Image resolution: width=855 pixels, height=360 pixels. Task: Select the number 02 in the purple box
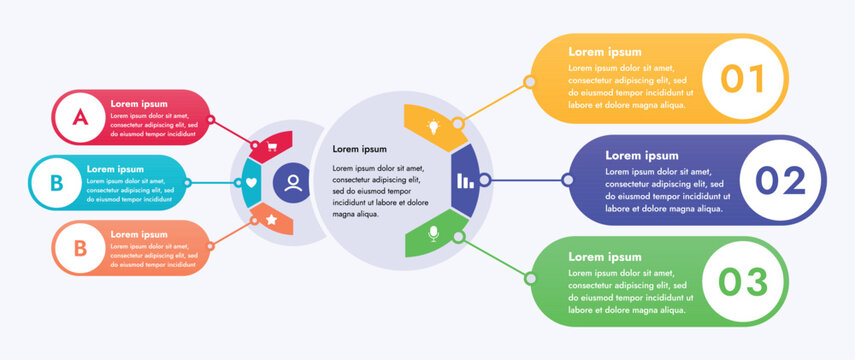coord(779,181)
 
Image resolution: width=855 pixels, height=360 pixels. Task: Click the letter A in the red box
coord(80,117)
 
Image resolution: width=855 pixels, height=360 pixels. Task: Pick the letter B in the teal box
coord(57,183)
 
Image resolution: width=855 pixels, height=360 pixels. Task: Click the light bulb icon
coord(434,127)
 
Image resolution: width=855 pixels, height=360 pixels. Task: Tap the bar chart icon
coord(465,181)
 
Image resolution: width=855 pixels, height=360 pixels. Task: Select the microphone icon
coord(433,234)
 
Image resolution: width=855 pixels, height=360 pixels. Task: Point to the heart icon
coord(252,183)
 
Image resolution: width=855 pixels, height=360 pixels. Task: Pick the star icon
coord(271,218)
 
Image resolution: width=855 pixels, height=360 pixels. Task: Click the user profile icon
coord(293,183)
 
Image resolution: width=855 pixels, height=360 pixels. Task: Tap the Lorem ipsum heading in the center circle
coord(359,149)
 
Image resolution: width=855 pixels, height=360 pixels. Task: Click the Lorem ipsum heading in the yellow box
coord(605,52)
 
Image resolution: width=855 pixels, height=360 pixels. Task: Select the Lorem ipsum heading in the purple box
coord(642,155)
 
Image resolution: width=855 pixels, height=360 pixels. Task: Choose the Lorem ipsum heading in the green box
coord(605,257)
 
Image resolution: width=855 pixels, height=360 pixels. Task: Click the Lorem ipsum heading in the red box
coord(140,103)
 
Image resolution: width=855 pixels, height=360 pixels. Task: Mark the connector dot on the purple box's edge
coord(568,181)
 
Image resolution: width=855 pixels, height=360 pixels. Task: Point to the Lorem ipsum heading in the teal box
coord(116,169)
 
